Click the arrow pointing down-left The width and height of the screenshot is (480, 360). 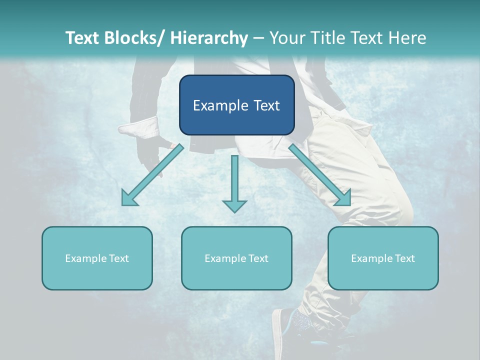tap(152, 175)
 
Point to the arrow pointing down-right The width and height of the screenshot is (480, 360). tap(320, 175)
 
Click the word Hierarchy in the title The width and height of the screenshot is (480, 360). tap(208, 38)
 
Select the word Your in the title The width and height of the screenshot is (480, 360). tap(286, 38)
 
